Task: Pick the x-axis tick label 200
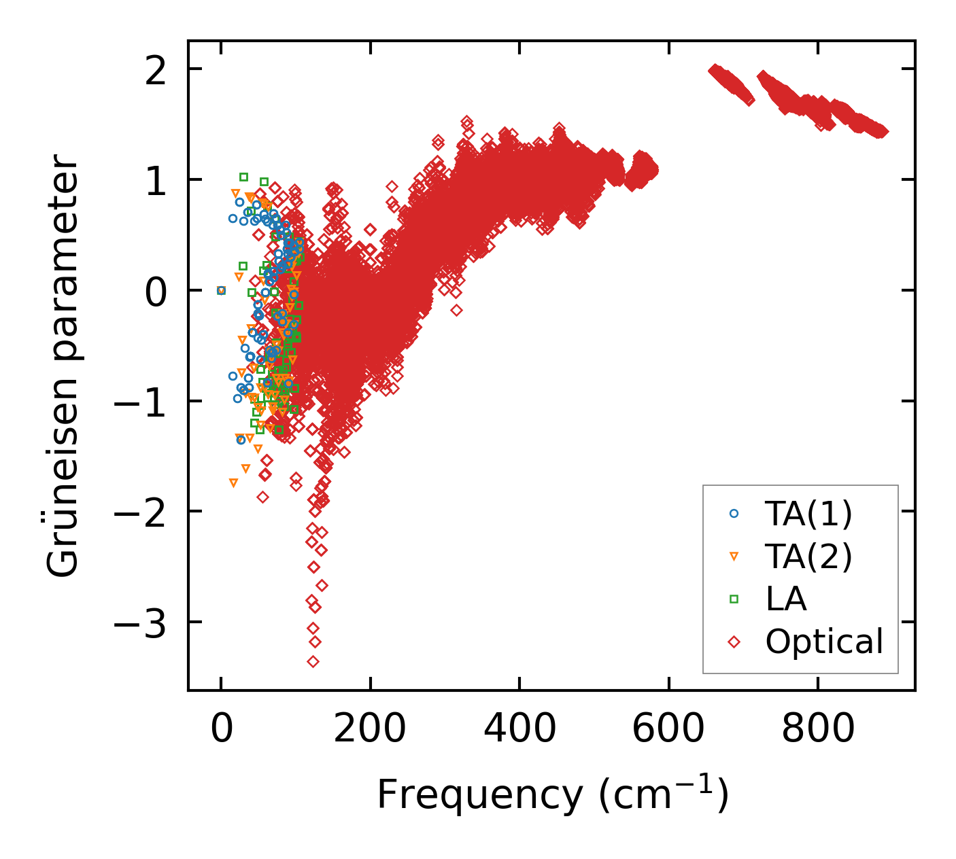(370, 730)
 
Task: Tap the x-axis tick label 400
(519, 730)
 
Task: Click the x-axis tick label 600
(668, 730)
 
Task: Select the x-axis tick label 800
(817, 730)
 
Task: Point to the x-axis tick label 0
(222, 730)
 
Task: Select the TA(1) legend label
(808, 514)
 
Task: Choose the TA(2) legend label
(808, 557)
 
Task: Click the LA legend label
(786, 599)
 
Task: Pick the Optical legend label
(824, 642)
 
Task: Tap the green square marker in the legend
(734, 599)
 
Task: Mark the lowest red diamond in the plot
(313, 661)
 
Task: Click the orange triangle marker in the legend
(734, 557)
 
